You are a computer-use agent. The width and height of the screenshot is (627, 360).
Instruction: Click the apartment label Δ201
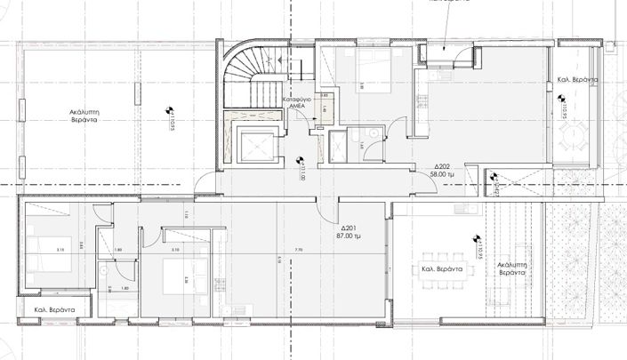pyautogui.click(x=347, y=228)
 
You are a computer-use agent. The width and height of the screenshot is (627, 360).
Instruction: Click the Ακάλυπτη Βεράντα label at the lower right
pyautogui.click(x=517, y=269)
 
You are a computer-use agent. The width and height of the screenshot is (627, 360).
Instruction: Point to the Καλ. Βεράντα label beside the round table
pyautogui.click(x=577, y=80)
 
